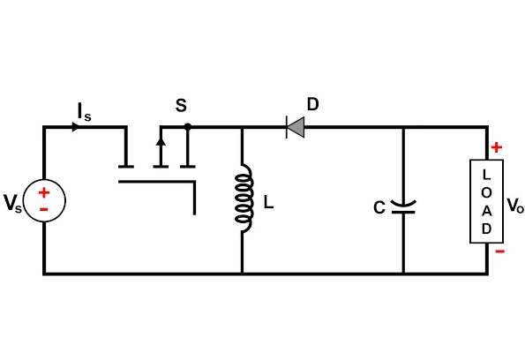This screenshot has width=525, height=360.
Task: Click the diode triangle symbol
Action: coord(296,127)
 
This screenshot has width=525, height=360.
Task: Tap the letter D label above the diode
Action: coord(312,104)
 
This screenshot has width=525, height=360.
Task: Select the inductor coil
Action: coord(244,198)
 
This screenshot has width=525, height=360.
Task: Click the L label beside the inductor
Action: coord(268,202)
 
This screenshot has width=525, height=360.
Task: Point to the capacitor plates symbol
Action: coord(403,207)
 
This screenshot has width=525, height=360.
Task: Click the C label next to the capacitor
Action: coord(379,207)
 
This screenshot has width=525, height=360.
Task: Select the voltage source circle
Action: coord(44,200)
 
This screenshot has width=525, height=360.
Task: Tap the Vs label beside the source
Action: coord(12,203)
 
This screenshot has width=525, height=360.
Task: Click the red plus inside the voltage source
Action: coord(44,192)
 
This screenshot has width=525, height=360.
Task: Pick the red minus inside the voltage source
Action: coord(44,210)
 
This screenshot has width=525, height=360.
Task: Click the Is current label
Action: coord(84,112)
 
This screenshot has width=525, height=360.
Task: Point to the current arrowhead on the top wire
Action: coord(76,127)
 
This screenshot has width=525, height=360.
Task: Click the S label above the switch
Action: coord(181,106)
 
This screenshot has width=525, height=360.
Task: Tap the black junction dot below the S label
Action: coord(188,126)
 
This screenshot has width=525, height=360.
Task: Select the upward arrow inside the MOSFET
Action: coord(161,152)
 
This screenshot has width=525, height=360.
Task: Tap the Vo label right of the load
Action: coord(515,206)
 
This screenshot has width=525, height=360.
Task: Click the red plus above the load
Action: coord(497,147)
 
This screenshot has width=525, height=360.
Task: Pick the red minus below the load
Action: coord(500,251)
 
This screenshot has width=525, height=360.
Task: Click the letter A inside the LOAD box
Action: coord(486,211)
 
